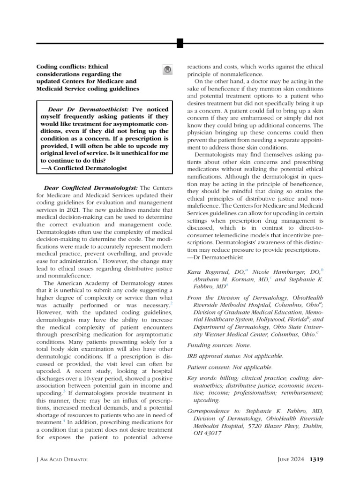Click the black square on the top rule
[x=180, y=44]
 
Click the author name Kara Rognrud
[x=207, y=271]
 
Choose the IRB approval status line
[x=235, y=356]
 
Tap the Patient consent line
[x=229, y=367]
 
